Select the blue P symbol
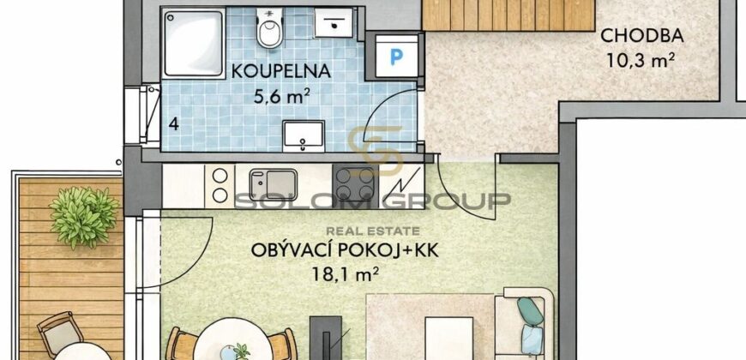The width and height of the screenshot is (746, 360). (x=395, y=57)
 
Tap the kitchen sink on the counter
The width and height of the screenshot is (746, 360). (x=272, y=183)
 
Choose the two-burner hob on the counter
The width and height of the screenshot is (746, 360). (x=220, y=183)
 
